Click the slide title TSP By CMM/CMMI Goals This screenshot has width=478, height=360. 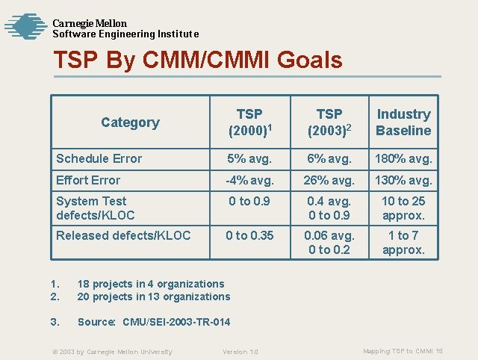tap(198, 60)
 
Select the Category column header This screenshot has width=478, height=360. tap(130, 122)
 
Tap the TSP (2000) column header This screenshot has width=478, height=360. tap(249, 122)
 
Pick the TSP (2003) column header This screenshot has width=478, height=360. tap(329, 122)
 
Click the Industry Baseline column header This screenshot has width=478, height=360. tap(403, 122)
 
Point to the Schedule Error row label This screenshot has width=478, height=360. tap(99, 158)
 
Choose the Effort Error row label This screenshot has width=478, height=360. tap(88, 180)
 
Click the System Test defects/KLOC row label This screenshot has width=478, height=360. tap(96, 208)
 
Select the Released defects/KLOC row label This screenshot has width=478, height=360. tap(123, 236)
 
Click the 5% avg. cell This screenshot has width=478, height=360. tap(249, 158)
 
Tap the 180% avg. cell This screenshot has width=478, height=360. tap(403, 158)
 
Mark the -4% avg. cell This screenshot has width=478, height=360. tap(249, 180)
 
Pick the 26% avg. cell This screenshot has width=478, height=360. tap(329, 180)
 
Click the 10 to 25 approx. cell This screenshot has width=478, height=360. tap(403, 208)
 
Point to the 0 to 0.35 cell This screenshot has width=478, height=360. tap(249, 236)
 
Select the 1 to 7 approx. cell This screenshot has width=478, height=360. tap(403, 243)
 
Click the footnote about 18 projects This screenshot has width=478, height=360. tap(151, 284)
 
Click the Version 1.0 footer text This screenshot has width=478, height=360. tap(240, 352)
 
